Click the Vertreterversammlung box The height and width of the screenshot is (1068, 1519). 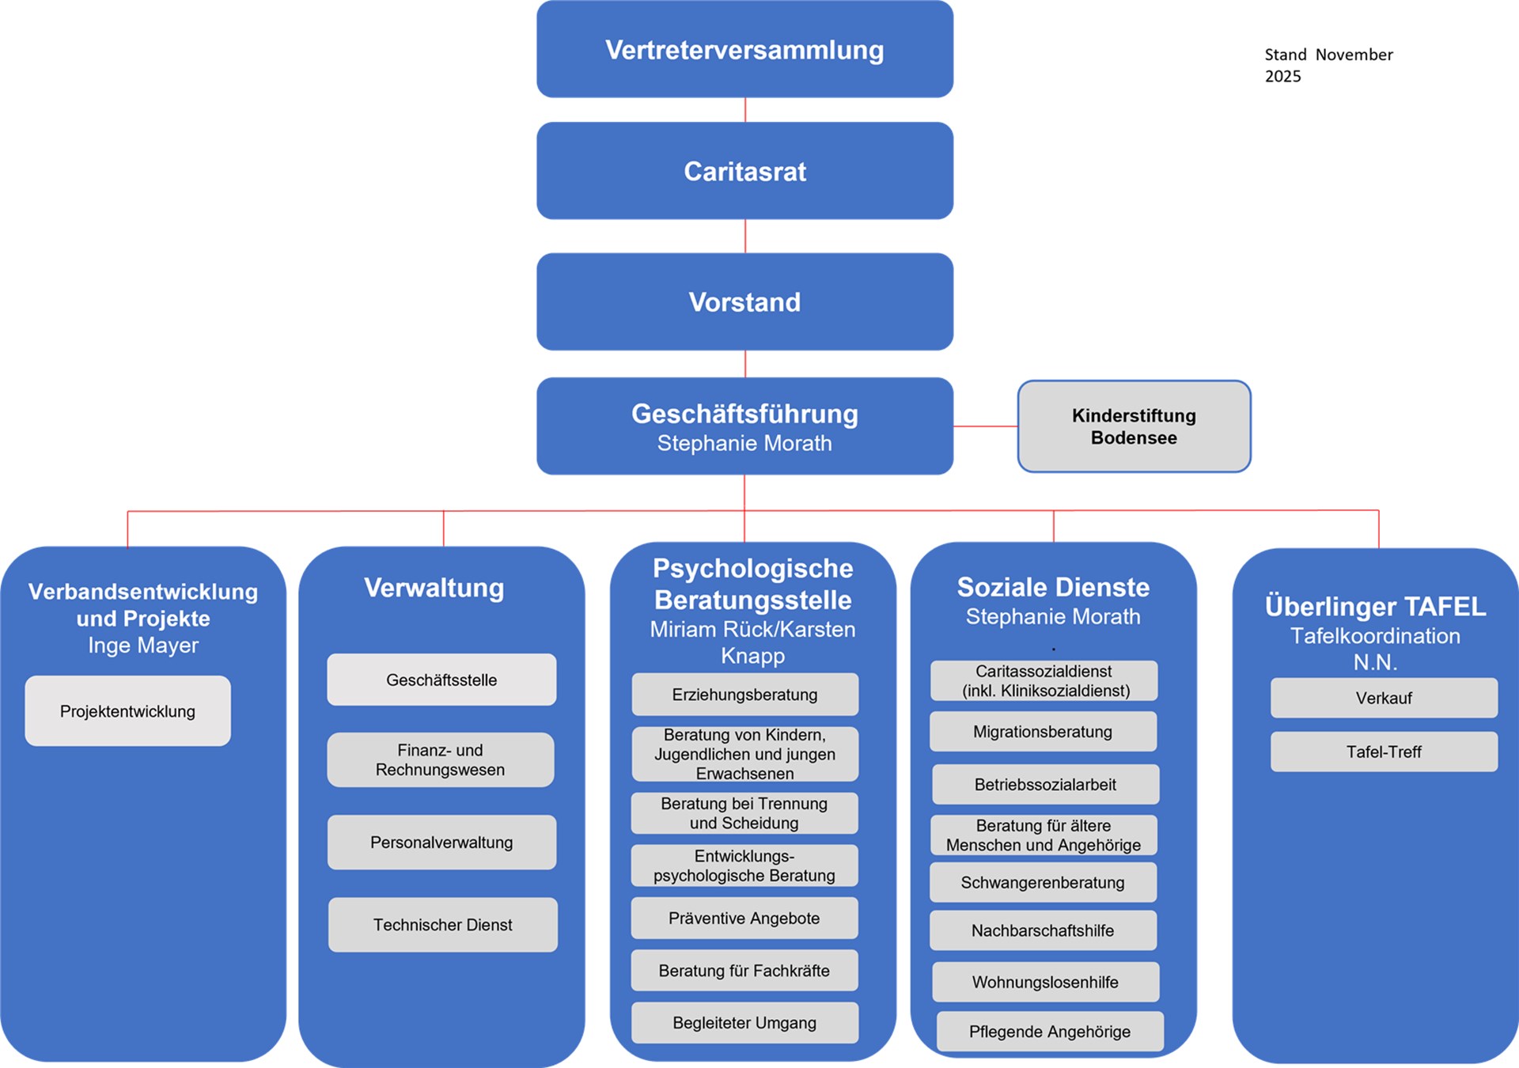click(x=744, y=49)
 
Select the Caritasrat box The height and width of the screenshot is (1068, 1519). click(x=744, y=171)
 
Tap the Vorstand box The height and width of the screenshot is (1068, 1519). click(x=744, y=301)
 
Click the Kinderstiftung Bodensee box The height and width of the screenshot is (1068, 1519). click(x=1134, y=426)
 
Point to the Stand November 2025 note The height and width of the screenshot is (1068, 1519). click(x=1328, y=65)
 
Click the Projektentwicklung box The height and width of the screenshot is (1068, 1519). click(x=127, y=710)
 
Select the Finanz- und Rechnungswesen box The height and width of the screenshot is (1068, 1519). click(x=441, y=759)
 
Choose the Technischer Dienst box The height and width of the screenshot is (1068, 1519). click(x=442, y=924)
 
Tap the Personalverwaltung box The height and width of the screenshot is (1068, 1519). click(x=441, y=842)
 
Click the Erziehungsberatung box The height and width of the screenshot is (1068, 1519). click(x=744, y=695)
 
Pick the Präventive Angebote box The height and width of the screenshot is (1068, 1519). click(x=744, y=918)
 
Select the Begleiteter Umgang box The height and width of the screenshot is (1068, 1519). click(x=744, y=1022)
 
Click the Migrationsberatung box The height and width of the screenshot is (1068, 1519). click(x=1043, y=732)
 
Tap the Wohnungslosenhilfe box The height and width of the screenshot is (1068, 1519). click(x=1045, y=982)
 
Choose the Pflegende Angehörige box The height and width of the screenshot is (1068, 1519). click(x=1050, y=1031)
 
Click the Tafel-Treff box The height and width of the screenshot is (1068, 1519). click(x=1384, y=752)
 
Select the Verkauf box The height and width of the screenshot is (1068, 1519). click(x=1384, y=698)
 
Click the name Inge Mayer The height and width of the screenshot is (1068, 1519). click(x=143, y=646)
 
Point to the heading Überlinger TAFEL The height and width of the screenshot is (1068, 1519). click(x=1375, y=606)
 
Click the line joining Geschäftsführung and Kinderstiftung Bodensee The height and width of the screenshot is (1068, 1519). click(x=985, y=426)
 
